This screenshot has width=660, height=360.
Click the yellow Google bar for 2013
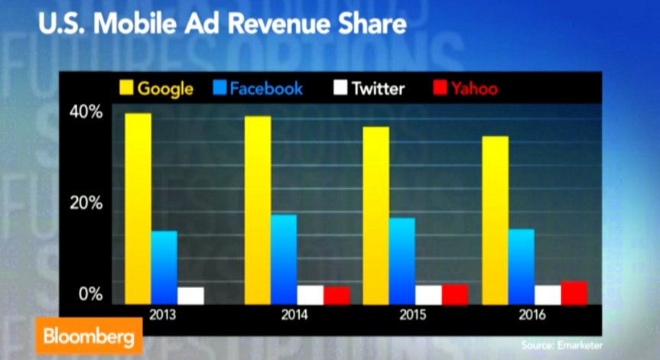tap(138, 209)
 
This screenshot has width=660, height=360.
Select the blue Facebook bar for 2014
tap(284, 259)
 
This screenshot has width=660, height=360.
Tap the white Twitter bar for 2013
tap(190, 296)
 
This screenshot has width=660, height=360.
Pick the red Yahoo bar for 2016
tap(574, 293)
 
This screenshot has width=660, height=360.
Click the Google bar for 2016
tap(495, 220)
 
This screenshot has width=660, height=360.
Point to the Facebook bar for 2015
tap(402, 261)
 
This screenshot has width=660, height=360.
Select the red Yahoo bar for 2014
tap(337, 295)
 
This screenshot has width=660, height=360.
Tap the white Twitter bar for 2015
tap(428, 295)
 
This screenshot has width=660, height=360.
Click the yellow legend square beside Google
tap(126, 87)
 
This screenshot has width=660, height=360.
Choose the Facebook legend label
tap(266, 89)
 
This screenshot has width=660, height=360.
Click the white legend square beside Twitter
tap(340, 87)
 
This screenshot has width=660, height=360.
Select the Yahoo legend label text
tap(474, 89)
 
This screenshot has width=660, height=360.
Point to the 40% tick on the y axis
tap(86, 112)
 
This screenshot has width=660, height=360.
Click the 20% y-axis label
tap(86, 203)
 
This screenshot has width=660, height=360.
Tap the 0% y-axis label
tap(90, 294)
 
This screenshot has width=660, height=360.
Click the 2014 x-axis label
tap(294, 315)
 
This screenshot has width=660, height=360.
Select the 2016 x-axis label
tap(532, 315)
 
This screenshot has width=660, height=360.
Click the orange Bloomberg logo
tap(89, 336)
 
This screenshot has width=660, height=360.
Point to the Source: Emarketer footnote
tap(561, 345)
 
